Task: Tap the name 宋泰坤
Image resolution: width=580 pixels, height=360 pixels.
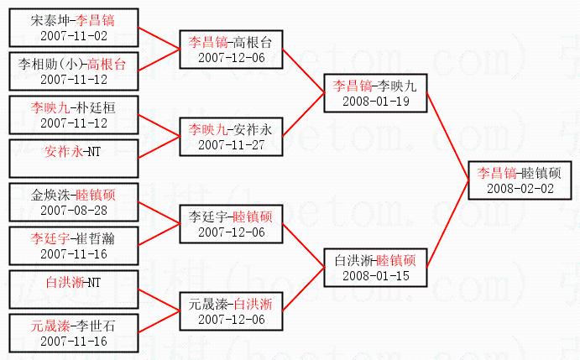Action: pos(49,19)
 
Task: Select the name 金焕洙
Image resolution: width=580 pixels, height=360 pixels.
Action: pos(49,195)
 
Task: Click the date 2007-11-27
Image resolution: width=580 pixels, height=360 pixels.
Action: pos(230,144)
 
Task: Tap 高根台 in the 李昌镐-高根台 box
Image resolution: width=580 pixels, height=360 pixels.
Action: pos(253,43)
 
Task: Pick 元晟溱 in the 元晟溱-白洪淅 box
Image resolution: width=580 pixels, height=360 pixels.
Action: pos(208,303)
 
